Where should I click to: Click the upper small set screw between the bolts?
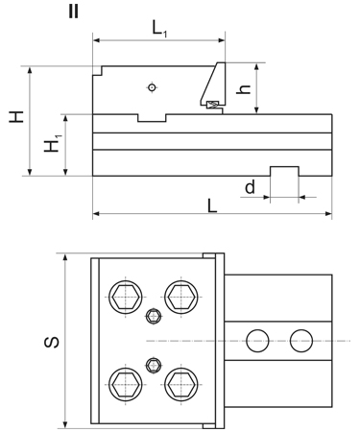[x=152, y=316]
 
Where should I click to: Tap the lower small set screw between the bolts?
[x=152, y=363]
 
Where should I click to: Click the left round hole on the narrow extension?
[x=256, y=340]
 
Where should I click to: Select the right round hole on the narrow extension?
[x=301, y=340]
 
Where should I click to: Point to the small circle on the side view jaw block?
[x=152, y=89]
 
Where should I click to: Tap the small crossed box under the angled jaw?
[x=212, y=104]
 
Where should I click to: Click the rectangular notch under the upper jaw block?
[x=152, y=117]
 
